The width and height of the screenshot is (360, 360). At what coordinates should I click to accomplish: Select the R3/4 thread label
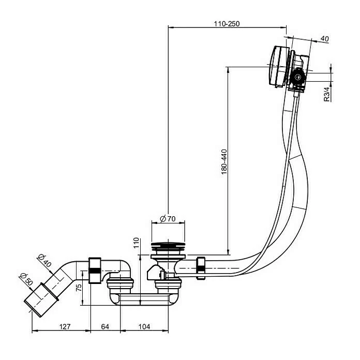coord(327,95)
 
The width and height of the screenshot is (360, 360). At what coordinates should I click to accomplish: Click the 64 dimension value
coord(105,327)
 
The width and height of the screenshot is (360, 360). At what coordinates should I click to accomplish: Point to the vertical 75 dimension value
coord(79,288)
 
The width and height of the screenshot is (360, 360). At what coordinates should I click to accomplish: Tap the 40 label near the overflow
coord(325,39)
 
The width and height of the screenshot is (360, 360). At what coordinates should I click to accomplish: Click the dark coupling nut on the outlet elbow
coord(95,270)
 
